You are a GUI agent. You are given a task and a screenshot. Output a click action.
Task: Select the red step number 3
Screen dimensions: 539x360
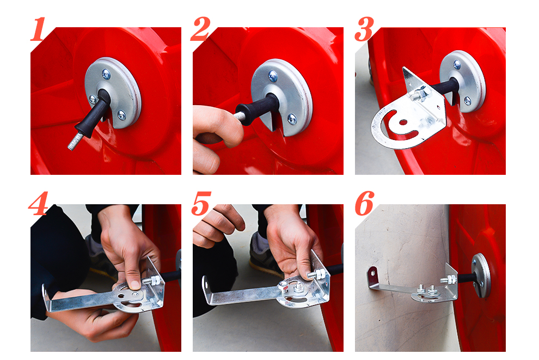[364, 29]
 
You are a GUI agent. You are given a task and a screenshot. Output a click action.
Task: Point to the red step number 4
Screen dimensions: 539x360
[39, 204]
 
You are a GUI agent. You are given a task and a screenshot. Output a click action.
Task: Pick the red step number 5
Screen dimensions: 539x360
[201, 204]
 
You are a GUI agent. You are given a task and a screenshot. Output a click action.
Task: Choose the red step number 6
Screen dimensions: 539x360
[364, 204]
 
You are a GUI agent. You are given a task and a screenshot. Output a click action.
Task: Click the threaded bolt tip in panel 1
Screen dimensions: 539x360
[73, 142]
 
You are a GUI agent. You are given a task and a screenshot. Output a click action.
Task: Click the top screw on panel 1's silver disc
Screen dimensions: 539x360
[106, 73]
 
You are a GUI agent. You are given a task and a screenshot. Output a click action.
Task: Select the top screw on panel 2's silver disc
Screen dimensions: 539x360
[272, 76]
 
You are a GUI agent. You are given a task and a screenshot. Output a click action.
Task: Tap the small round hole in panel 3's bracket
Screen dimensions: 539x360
[402, 122]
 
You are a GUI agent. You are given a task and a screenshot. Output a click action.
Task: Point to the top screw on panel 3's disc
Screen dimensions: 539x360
[457, 64]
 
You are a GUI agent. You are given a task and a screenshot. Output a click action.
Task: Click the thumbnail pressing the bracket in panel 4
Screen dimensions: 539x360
[134, 285]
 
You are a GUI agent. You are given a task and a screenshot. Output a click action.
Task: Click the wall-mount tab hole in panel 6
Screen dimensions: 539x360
[372, 274]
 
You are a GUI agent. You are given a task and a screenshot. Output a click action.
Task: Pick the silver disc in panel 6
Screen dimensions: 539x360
[481, 275]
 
